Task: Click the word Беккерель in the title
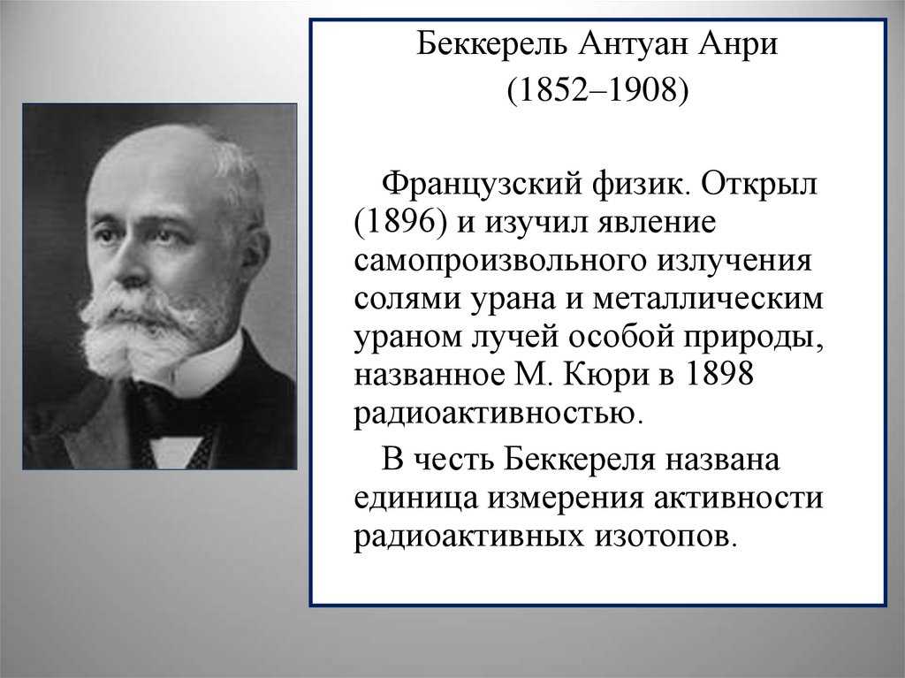click(491, 44)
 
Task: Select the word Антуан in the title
click(631, 44)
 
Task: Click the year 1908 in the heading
click(642, 91)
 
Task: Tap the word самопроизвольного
click(500, 261)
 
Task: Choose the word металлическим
click(708, 299)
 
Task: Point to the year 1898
click(719, 374)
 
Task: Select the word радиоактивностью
click(498, 414)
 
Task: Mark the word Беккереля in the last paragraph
click(580, 461)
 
